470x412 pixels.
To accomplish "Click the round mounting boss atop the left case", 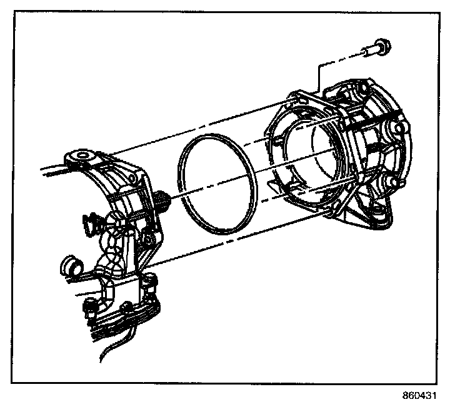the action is pos(82,155).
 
